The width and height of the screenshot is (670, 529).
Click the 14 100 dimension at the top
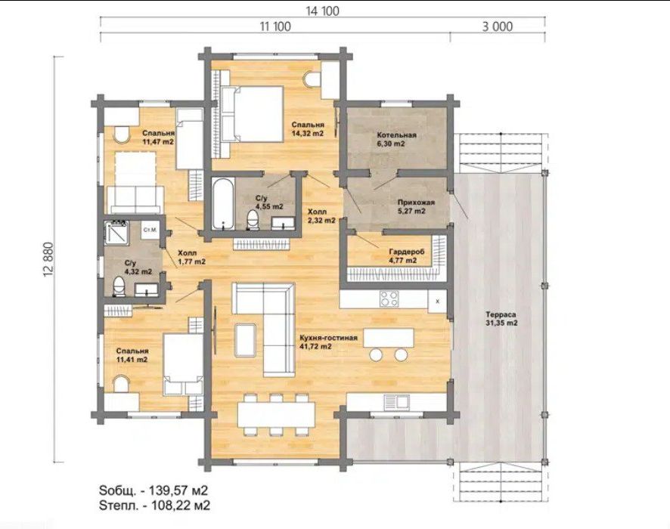tap(323, 11)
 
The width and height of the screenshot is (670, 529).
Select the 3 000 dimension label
tap(498, 26)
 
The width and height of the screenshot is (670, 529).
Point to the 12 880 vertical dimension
tap(48, 260)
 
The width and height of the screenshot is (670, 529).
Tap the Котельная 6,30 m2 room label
tap(396, 140)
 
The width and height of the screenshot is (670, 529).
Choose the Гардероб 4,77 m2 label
tap(402, 255)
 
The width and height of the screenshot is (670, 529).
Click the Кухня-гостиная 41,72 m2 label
tap(329, 342)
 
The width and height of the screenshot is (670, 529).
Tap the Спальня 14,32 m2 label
tap(308, 129)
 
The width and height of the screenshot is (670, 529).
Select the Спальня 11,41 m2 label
tap(132, 355)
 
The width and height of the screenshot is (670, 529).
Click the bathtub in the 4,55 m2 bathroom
tap(222, 204)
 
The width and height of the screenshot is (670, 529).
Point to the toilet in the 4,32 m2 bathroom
tap(119, 286)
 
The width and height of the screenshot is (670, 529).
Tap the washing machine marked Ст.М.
tap(150, 230)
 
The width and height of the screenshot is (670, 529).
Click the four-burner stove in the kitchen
tap(389, 299)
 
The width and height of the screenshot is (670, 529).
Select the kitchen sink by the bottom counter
tap(397, 401)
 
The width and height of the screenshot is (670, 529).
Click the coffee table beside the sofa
tap(246, 339)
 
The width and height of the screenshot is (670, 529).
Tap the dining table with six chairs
tap(277, 414)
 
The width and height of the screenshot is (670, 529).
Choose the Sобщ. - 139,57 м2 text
tap(154, 490)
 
